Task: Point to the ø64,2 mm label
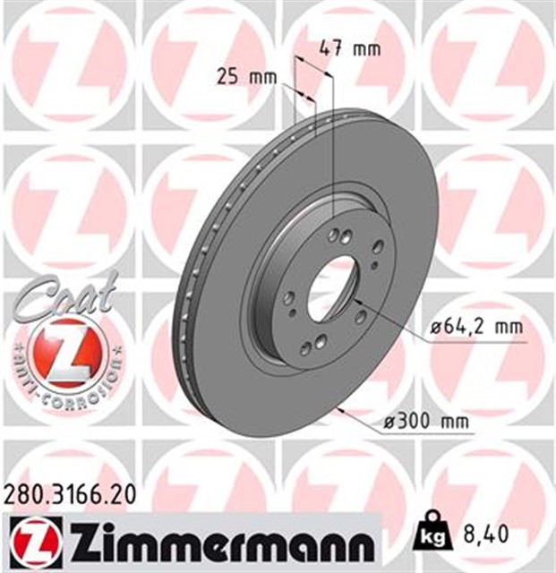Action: point(475,328)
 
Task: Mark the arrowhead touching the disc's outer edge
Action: point(338,410)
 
